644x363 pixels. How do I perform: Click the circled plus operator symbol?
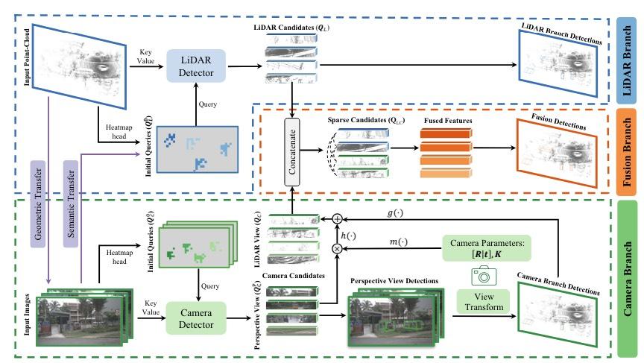tap(336, 219)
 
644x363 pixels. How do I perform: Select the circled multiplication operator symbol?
tap(336, 247)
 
